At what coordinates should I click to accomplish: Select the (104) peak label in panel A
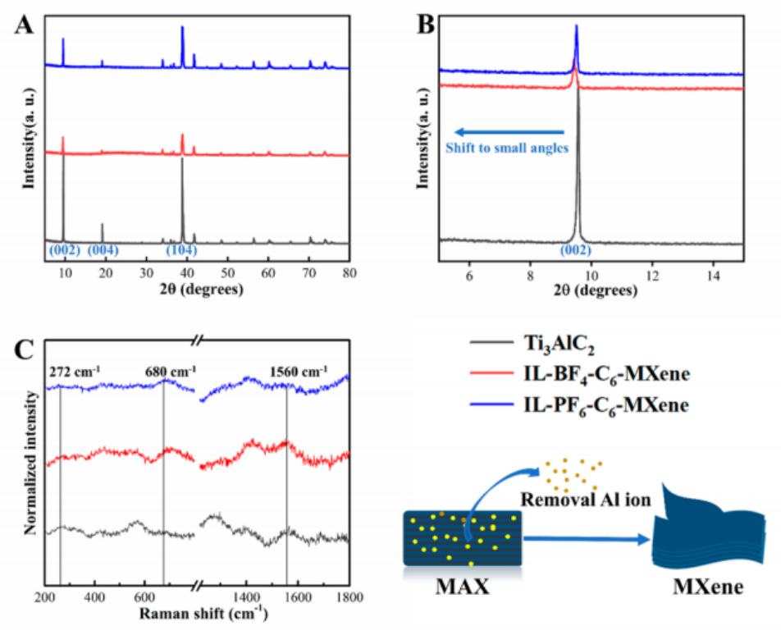pyautogui.click(x=182, y=249)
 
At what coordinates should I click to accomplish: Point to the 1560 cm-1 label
pyautogui.click(x=299, y=370)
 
